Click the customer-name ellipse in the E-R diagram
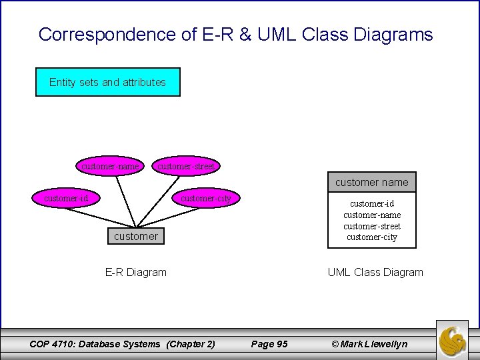111,166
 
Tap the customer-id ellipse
66,198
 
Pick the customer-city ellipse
206,198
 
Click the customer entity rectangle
136,236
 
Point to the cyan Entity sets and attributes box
107,83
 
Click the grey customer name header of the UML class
371,182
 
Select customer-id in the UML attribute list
372,203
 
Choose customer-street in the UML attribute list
372,226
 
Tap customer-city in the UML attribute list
372,237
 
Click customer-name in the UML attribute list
372,215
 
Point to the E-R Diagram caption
136,272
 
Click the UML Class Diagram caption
375,272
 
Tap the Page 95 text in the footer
269,344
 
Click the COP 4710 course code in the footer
54,344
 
